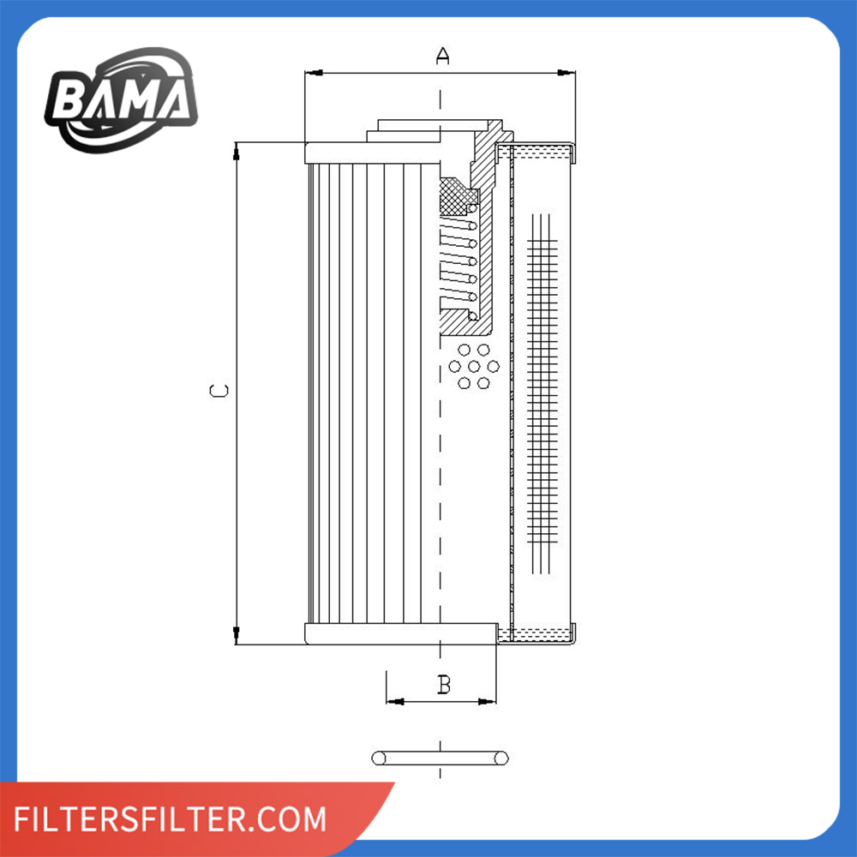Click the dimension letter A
point(443,56)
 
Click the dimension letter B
point(444,684)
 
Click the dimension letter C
point(219,390)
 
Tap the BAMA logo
point(121,99)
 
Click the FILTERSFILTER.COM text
point(170,818)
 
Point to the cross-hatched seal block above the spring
point(458,196)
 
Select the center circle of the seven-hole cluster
point(474,366)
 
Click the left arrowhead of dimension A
point(314,73)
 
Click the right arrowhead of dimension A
point(566,73)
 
